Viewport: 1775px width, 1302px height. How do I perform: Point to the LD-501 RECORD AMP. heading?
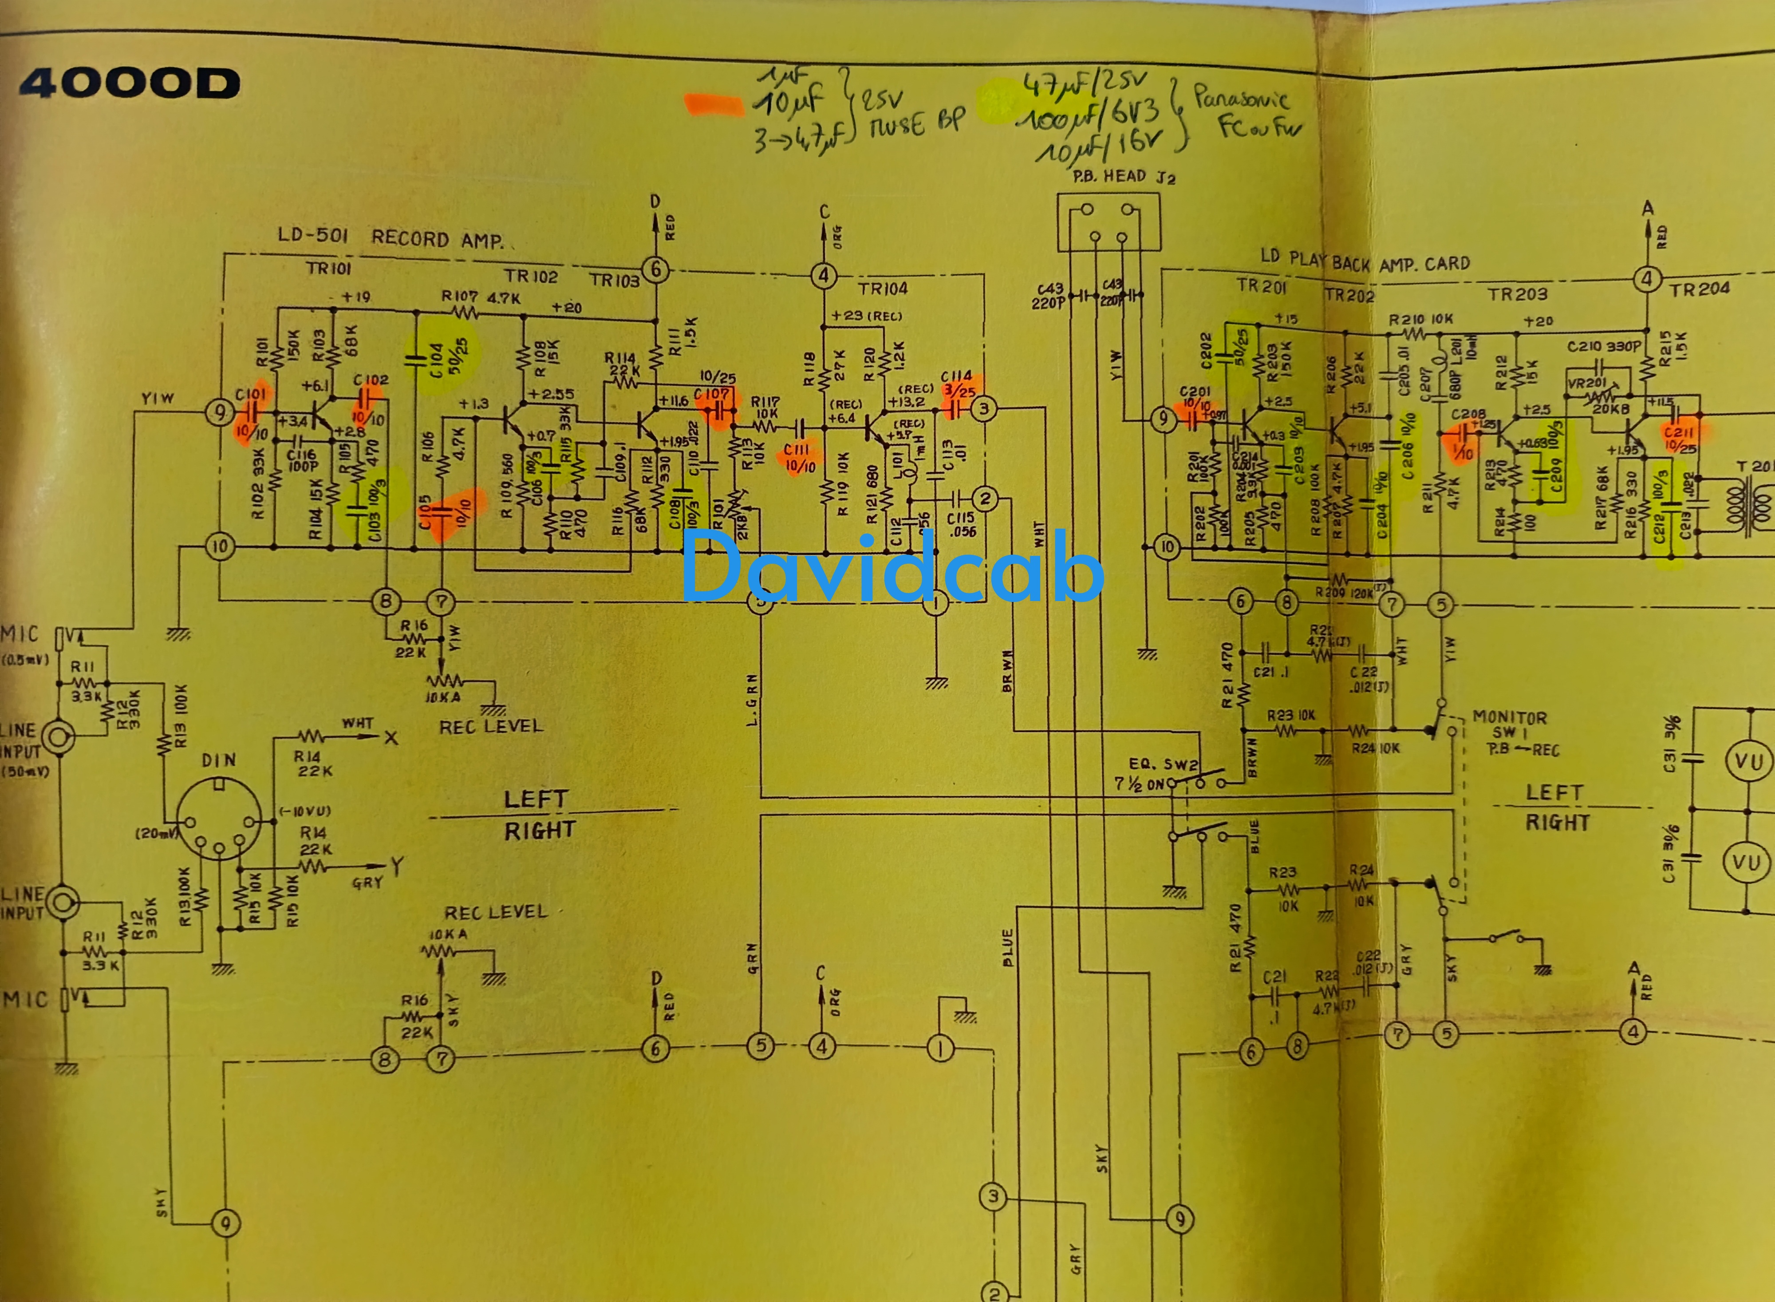pyautogui.click(x=390, y=238)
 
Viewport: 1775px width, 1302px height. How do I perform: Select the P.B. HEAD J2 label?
pyautogui.click(x=1124, y=177)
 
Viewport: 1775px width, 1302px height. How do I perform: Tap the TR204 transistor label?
pyautogui.click(x=1700, y=289)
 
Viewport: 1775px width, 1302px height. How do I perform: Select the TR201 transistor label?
pyautogui.click(x=1261, y=286)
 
